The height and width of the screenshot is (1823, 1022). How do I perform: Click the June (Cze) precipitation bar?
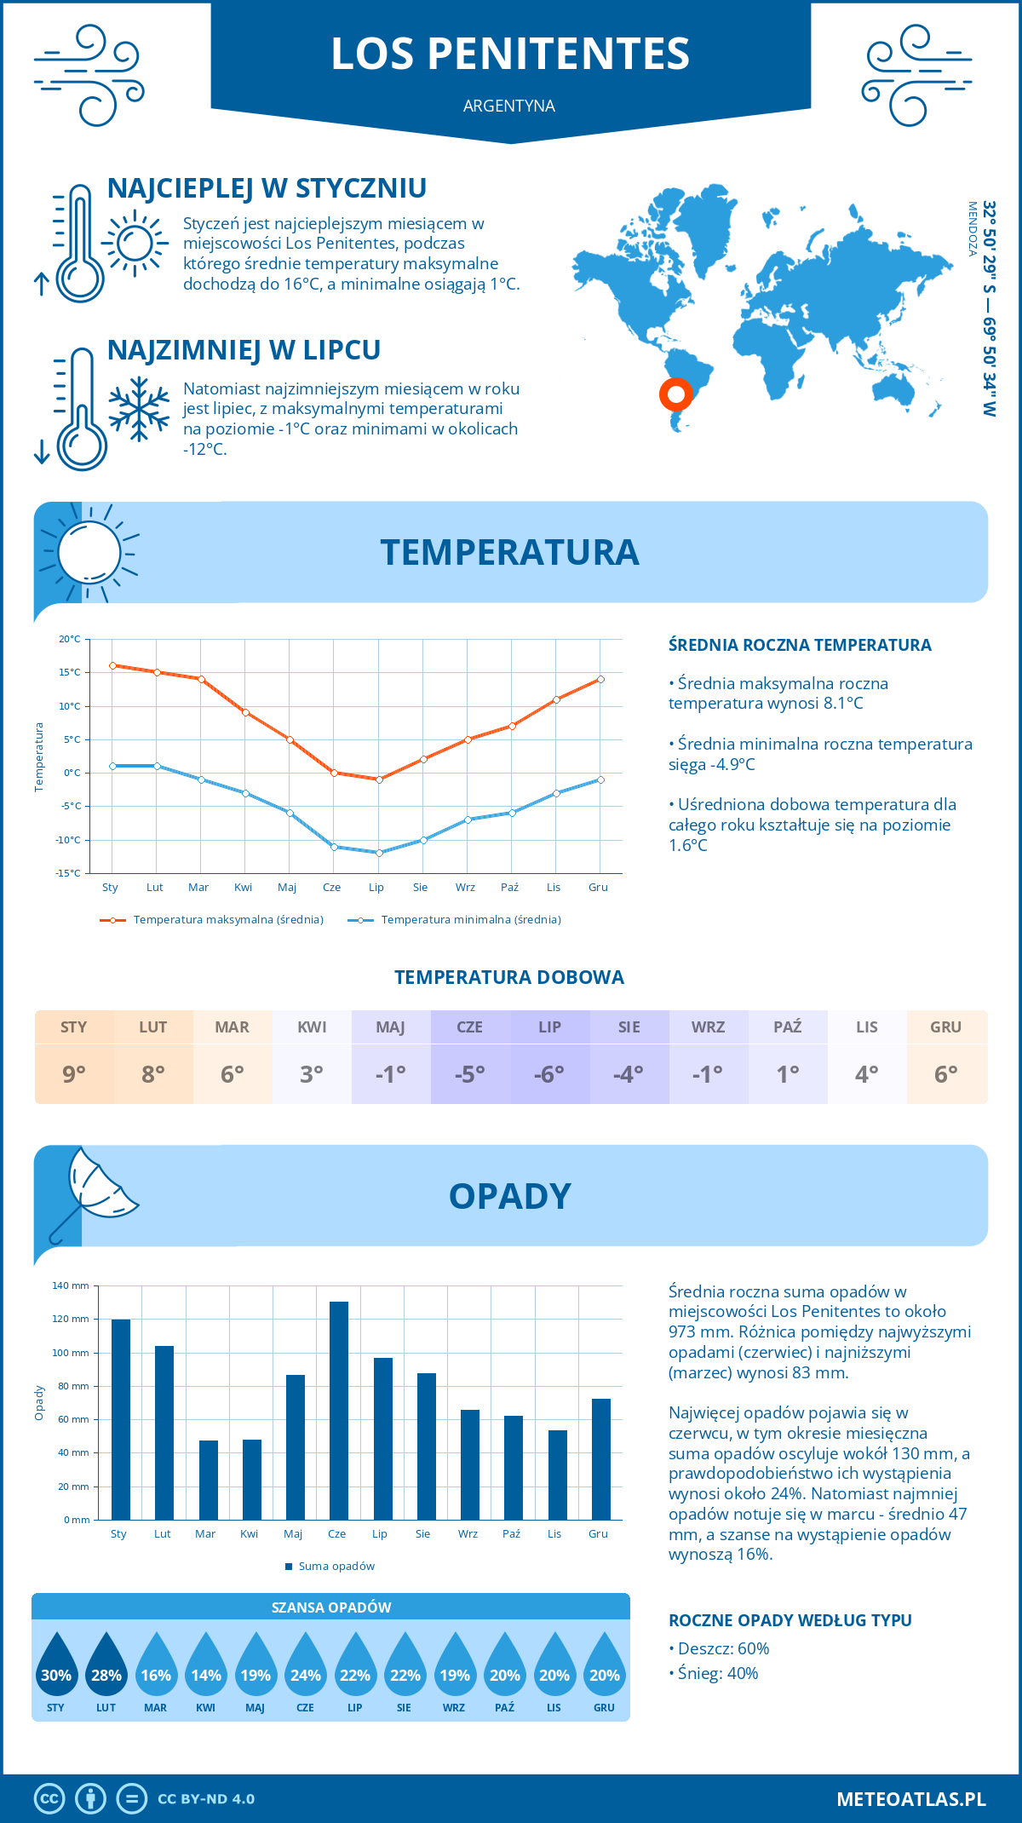pos(339,1411)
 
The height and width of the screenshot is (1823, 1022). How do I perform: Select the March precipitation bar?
pos(209,1480)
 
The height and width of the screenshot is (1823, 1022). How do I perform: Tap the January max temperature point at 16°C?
pos(112,665)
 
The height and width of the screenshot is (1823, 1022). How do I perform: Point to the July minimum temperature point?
pos(379,853)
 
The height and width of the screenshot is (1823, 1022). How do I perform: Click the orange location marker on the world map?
pos(676,394)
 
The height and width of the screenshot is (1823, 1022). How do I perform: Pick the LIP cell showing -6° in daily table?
pos(549,1074)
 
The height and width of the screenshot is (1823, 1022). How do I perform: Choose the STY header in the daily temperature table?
pos(74,1027)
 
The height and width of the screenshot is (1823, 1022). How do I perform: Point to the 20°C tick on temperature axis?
pos(70,639)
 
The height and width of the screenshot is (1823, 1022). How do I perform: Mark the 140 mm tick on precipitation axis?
pos(71,1285)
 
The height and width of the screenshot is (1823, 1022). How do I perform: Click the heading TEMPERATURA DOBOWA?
pos(509,977)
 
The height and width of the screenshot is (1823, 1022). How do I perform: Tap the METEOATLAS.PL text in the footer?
pos(910,1799)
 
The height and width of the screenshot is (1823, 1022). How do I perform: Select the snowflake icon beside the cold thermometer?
pos(139,409)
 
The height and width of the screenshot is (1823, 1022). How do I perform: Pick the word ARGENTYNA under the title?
pos(509,106)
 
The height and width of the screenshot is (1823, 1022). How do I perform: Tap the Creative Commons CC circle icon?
pos(49,1799)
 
